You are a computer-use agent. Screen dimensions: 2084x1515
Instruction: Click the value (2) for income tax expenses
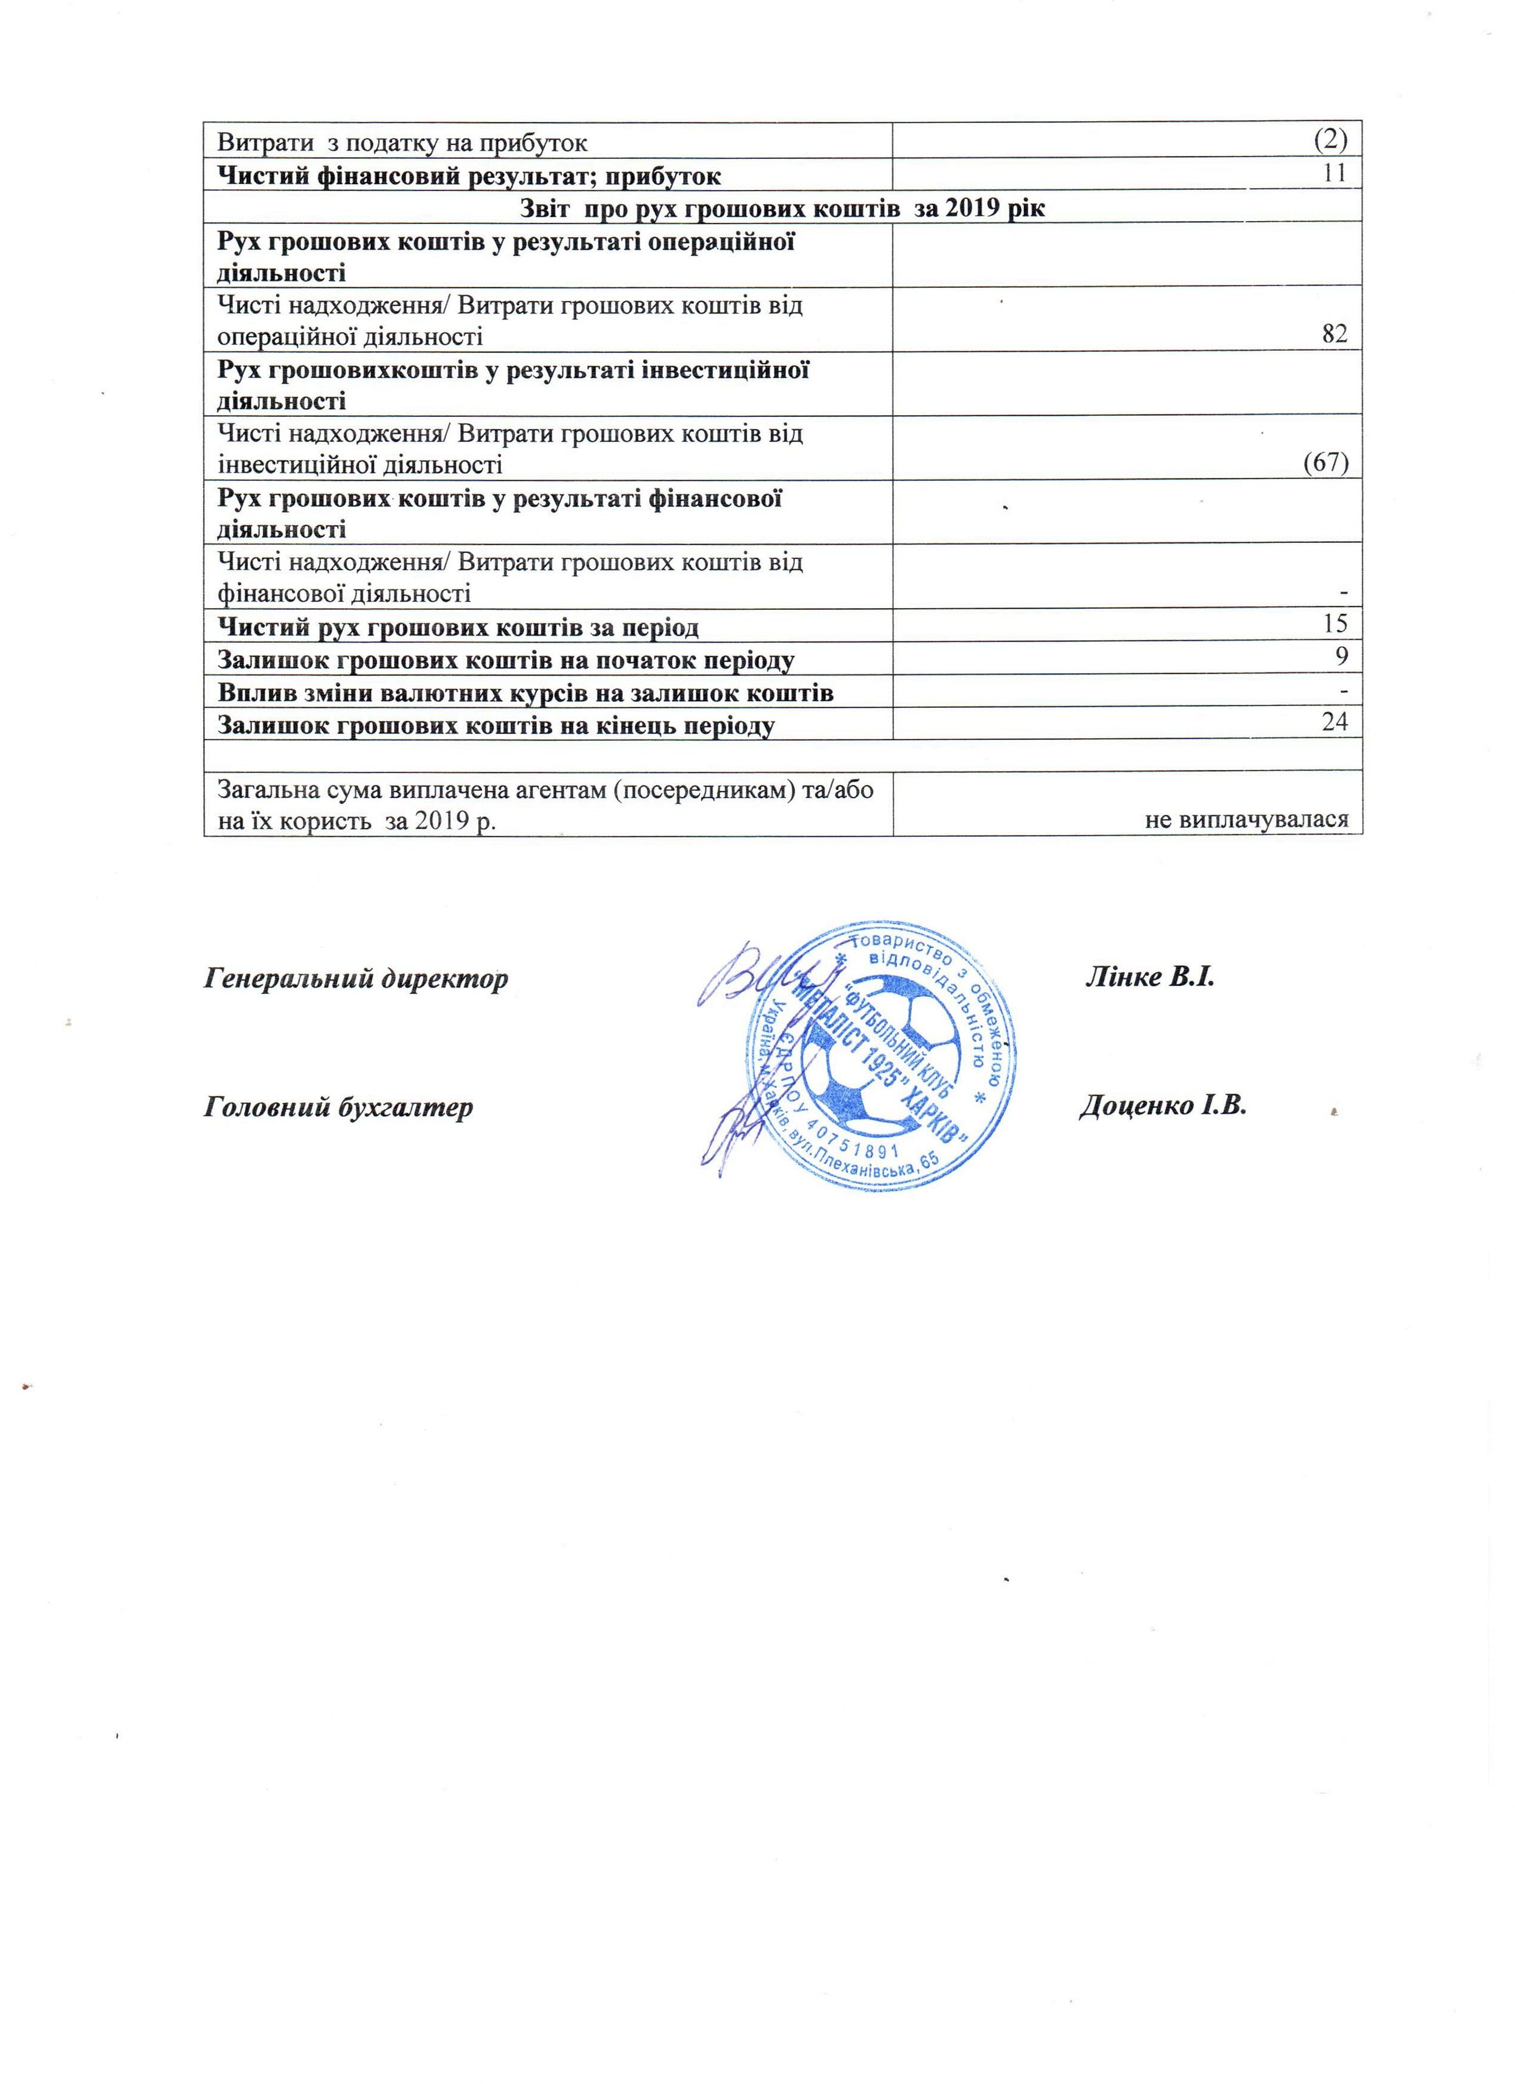coord(1329,140)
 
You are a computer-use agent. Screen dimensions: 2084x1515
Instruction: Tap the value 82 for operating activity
coord(1334,334)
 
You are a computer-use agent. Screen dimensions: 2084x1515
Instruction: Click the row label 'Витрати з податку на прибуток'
coord(402,142)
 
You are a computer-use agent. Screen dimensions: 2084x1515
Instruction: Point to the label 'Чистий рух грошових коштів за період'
coord(457,628)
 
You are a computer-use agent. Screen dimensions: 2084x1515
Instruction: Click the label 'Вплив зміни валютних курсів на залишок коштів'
coord(524,693)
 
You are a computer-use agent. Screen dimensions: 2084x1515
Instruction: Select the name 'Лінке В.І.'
coord(1150,976)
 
